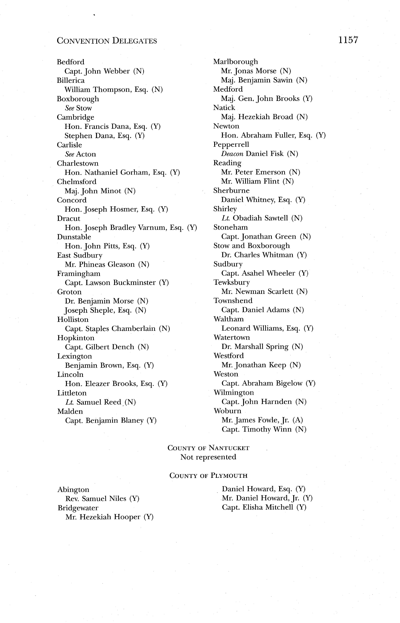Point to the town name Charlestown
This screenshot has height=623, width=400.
78,163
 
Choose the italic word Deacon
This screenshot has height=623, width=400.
232,154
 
